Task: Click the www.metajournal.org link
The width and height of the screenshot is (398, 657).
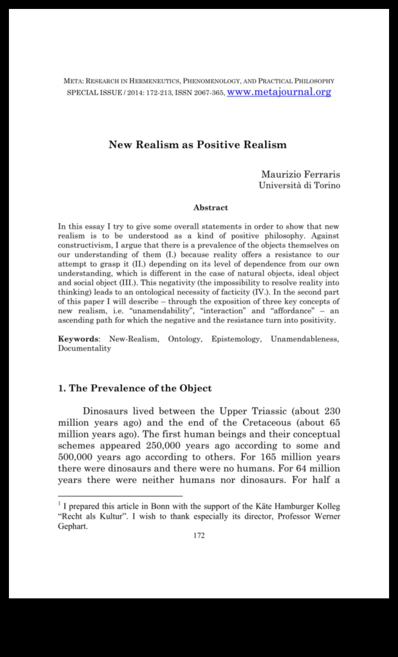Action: click(279, 92)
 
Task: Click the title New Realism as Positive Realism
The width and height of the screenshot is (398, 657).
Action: click(197, 145)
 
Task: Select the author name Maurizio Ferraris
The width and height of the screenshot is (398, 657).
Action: click(301, 174)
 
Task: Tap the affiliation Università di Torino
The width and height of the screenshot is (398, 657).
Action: click(299, 185)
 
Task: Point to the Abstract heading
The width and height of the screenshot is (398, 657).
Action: click(211, 208)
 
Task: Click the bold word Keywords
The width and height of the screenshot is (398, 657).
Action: click(78, 339)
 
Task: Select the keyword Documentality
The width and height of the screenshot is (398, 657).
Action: click(85, 348)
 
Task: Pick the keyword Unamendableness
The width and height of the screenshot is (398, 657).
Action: click(305, 339)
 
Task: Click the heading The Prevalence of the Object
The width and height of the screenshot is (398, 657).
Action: click(135, 388)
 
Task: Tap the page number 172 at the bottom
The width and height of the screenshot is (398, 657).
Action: click(199, 536)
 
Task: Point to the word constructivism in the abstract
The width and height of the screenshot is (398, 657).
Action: click(85, 245)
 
